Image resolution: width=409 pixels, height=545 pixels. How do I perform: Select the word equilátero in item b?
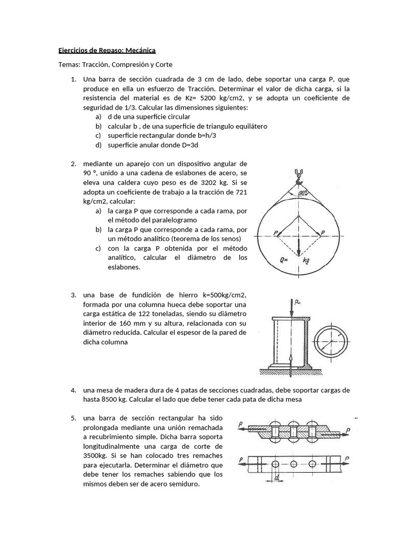(250, 126)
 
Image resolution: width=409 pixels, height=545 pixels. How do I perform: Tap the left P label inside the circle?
(275, 233)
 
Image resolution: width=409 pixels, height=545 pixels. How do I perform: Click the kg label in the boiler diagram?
(306, 261)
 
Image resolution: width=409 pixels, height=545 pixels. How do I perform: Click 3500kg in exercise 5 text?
(94, 456)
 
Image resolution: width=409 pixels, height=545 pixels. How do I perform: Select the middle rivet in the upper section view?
(293, 429)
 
